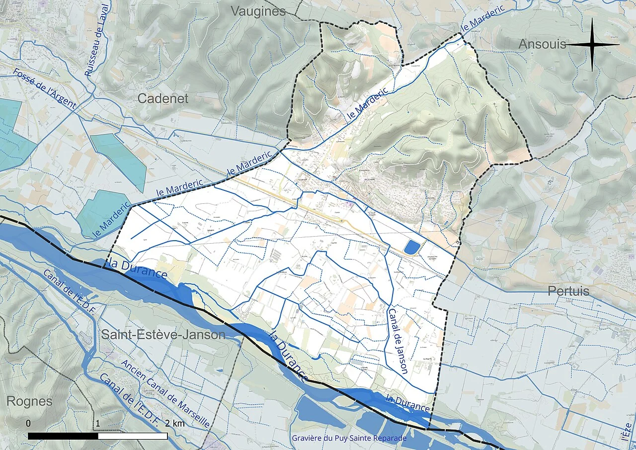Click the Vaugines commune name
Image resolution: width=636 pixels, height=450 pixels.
pos(258,11)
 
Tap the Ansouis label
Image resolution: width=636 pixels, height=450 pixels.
pos(542,44)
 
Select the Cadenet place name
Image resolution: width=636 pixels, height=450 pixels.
pos(163,98)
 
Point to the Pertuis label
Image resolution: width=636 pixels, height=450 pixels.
pos(568,291)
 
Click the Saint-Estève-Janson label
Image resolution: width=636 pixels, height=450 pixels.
pos(163,335)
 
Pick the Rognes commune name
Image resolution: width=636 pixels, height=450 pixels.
pos(29,401)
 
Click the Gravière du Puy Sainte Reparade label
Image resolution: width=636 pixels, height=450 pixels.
pos(349,438)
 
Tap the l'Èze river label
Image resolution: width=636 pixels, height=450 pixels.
pos(627,432)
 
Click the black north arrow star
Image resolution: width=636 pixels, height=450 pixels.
pos(592,45)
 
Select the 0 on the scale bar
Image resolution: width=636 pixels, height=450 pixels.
pos(28,423)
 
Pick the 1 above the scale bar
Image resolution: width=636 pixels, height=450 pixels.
pos(98,423)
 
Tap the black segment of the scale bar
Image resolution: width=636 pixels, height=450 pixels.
pos(63,436)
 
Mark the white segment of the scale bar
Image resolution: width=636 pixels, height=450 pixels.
pos(133,436)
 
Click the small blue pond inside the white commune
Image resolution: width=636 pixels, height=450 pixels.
pos(411,247)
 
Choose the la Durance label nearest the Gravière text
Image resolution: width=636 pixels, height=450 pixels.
pos(407,402)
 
